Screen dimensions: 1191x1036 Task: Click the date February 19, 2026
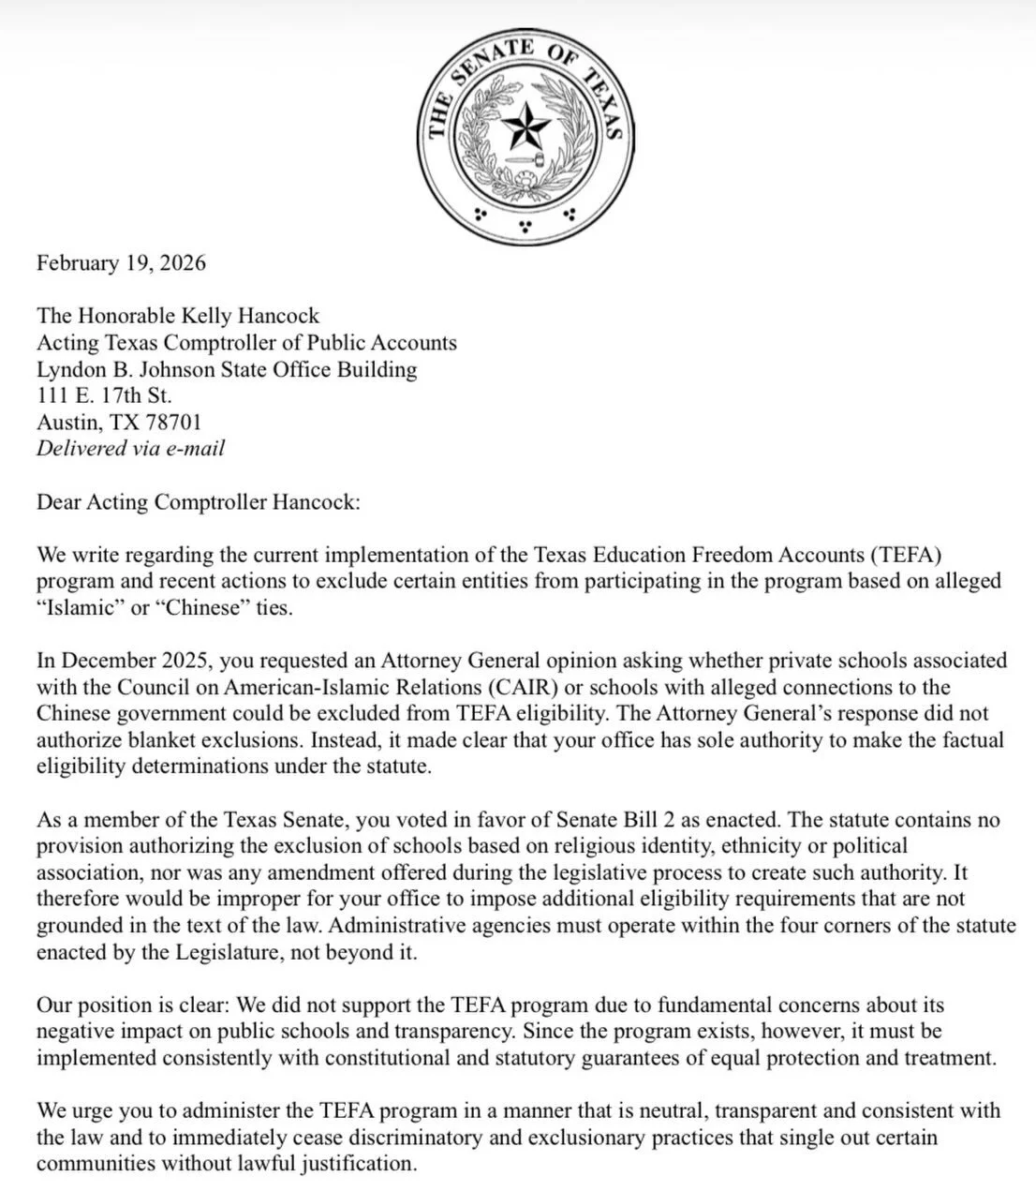[x=121, y=262]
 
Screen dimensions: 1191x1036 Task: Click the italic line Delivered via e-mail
[x=130, y=448]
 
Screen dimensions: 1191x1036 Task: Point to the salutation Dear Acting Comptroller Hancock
[x=197, y=501]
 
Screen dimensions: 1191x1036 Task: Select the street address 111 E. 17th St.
[x=104, y=395]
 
